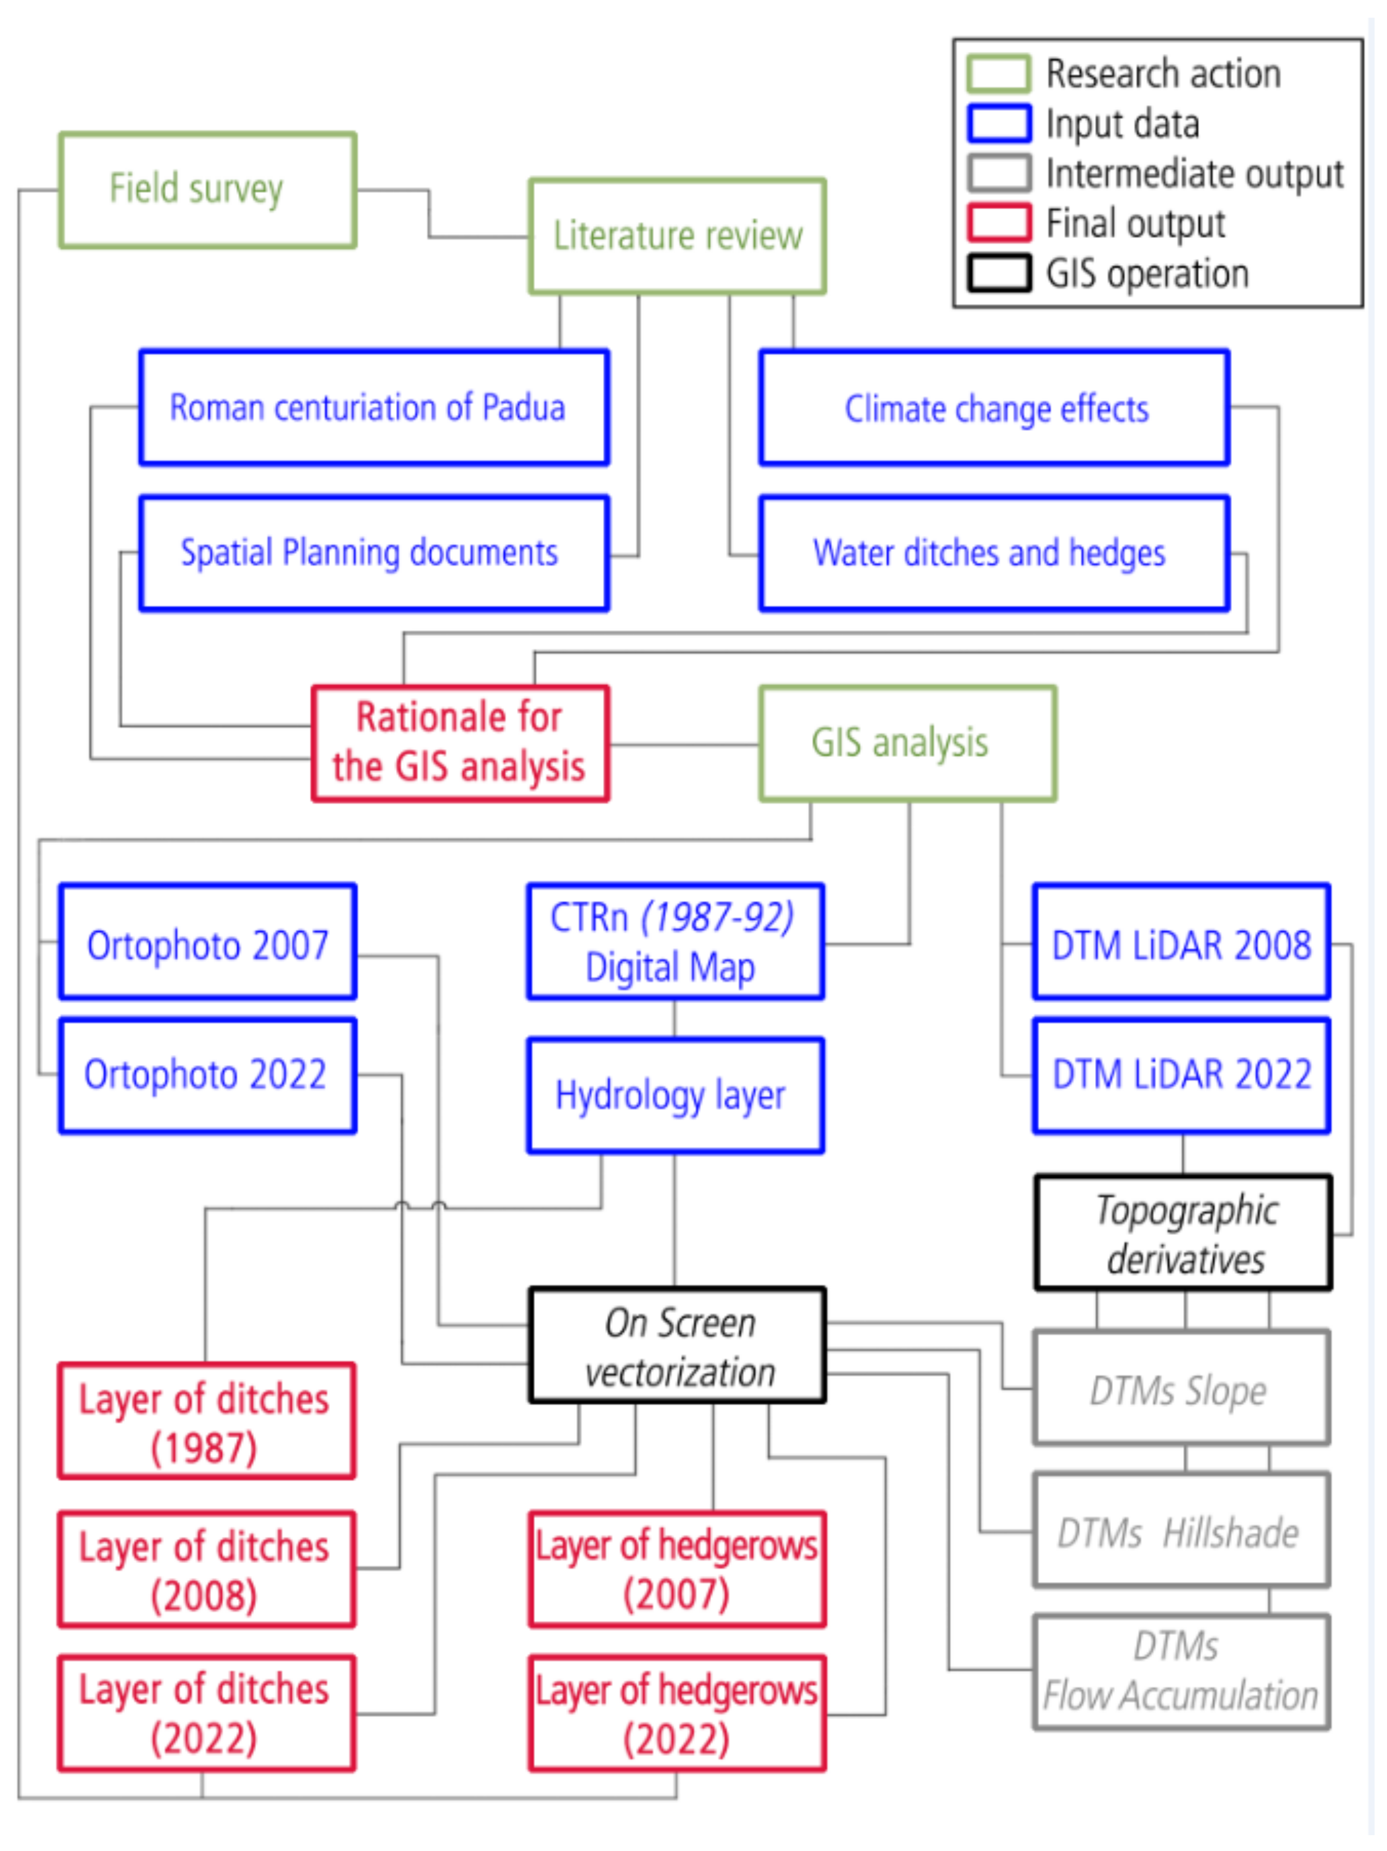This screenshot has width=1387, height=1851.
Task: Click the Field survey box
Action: pos(207,190)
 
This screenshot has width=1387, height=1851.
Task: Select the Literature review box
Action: pos(677,236)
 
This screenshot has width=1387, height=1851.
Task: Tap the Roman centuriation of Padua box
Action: pos(373,407)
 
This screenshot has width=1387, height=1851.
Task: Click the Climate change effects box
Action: pos(994,407)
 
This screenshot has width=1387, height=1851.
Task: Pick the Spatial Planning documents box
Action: pos(373,553)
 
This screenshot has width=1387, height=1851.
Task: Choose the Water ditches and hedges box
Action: pos(994,553)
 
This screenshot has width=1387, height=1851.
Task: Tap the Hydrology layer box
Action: pos(675,1096)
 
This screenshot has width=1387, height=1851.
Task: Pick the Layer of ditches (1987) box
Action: pos(206,1421)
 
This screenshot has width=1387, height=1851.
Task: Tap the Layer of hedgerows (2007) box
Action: pos(677,1569)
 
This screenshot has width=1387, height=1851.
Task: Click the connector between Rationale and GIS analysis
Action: pos(683,744)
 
